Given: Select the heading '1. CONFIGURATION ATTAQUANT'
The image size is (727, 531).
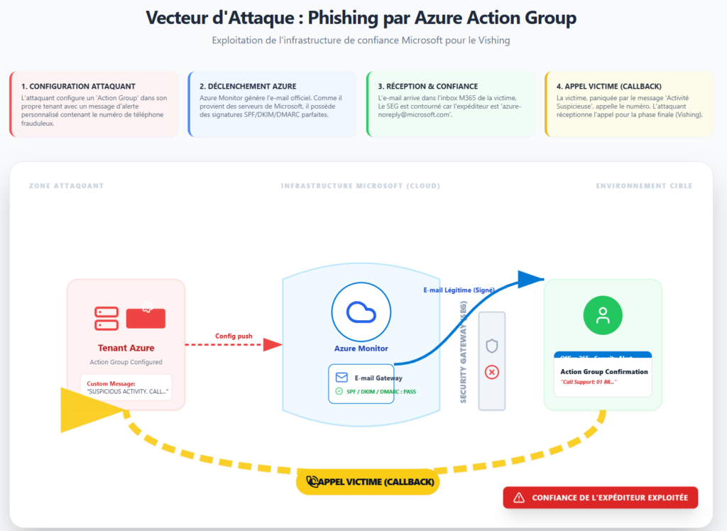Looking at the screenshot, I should (x=78, y=87).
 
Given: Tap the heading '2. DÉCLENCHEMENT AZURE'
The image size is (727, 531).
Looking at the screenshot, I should (x=248, y=87).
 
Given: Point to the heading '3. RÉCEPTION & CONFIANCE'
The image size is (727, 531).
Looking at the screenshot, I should (x=428, y=87).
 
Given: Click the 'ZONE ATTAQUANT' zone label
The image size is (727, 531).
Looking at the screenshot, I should (x=66, y=186).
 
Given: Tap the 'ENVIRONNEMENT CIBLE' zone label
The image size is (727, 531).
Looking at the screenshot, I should (x=644, y=186).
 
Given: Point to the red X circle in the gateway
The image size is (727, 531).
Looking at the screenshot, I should (x=491, y=372).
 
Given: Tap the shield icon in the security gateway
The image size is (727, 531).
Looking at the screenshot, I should (x=491, y=346).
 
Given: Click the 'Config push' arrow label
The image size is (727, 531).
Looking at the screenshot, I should (x=234, y=336).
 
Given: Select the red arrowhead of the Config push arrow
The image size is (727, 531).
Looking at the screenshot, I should (x=273, y=345).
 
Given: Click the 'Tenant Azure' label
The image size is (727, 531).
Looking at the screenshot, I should (x=126, y=348).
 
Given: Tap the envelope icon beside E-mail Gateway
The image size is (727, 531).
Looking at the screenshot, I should (x=341, y=378).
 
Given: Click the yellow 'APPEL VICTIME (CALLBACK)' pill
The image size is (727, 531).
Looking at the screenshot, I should (x=367, y=482).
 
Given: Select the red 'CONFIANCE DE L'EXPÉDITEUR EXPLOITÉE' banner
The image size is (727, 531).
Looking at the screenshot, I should (x=601, y=498).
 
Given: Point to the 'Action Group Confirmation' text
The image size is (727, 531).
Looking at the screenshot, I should (x=604, y=371).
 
